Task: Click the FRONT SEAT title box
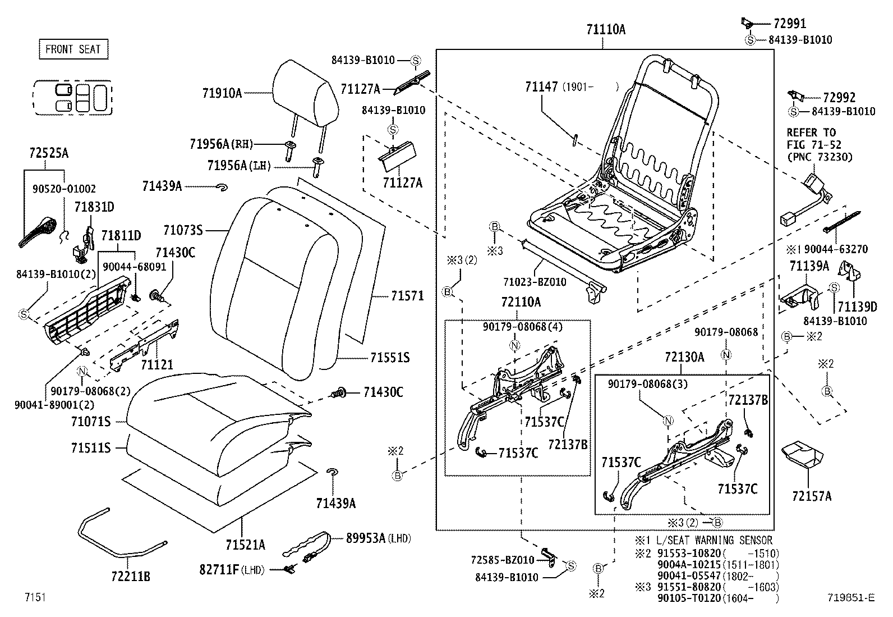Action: pos(73,49)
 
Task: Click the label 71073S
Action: pos(182,230)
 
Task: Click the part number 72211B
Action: pos(130,576)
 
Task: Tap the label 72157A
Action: pos(811,496)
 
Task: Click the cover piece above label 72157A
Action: pos(802,455)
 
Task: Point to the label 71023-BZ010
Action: pos(534,282)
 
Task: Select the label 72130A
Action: pos(684,357)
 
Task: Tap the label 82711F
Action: pos(219,570)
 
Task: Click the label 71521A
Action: pos(245,545)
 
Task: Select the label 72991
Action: pos(789,24)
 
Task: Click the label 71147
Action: pos(541,87)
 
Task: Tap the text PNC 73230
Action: pos(819,158)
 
